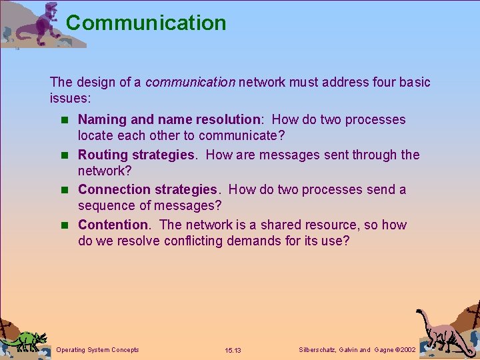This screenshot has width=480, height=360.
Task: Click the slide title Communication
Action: point(146,23)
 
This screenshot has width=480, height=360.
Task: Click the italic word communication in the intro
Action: point(190,83)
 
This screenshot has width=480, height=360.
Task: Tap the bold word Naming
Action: point(103,120)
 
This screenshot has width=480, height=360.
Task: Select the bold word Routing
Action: point(103,155)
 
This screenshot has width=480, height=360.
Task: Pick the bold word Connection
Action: point(114,190)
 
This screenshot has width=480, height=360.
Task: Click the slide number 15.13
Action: point(233,351)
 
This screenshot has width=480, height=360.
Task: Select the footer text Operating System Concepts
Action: point(98,350)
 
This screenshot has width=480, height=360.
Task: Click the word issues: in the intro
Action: point(70,98)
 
